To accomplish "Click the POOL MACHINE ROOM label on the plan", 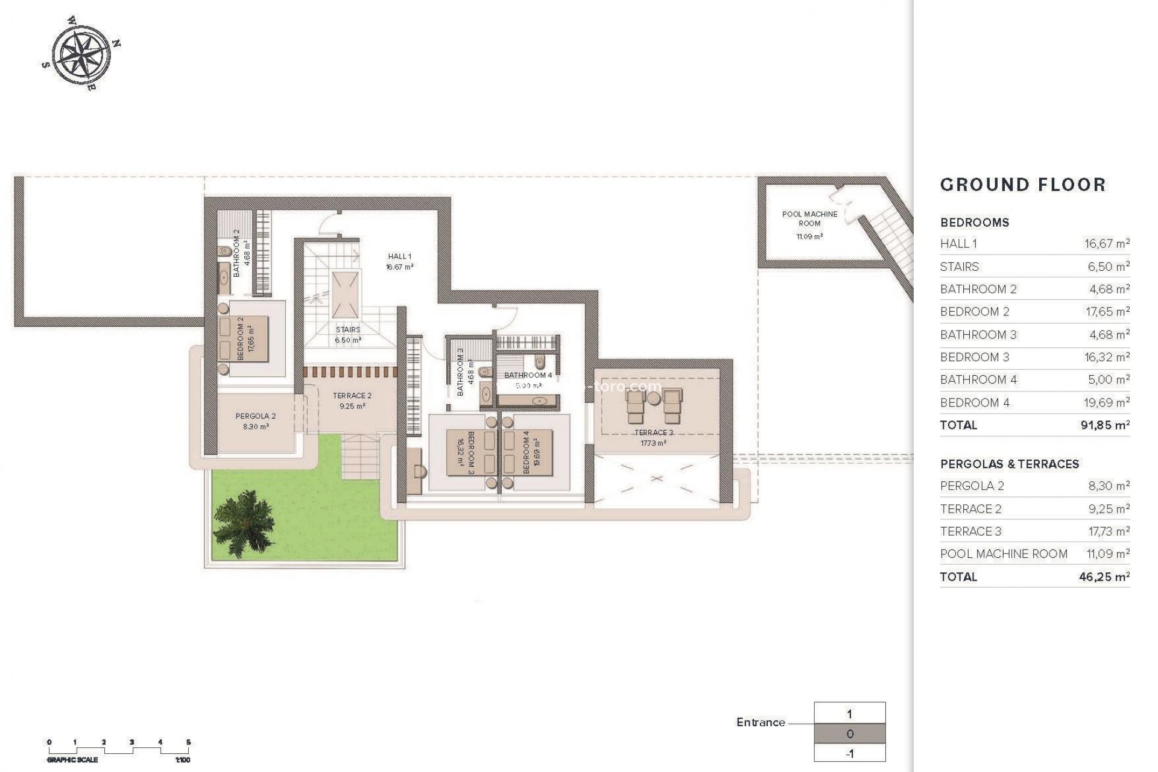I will (x=809, y=218).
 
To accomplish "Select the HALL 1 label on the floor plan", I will (x=400, y=256).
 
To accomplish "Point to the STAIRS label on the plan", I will (x=348, y=329).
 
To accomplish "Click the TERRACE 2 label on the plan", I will (x=352, y=396).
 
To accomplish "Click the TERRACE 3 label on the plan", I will (x=654, y=432).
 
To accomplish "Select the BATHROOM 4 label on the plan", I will (x=528, y=375).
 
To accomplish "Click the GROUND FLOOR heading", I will (x=1023, y=185).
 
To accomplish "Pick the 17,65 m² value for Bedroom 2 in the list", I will (x=1107, y=312).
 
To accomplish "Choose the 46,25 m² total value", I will (x=1104, y=577).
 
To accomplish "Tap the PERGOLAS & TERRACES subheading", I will (x=1010, y=464).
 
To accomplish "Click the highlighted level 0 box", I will (x=850, y=734).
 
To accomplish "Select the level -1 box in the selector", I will (x=850, y=753).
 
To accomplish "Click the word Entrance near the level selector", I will (x=761, y=722).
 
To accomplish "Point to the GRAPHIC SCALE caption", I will (x=72, y=760).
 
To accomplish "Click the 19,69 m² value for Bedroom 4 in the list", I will (x=1107, y=402).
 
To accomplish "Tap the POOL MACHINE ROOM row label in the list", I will (x=1004, y=554).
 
